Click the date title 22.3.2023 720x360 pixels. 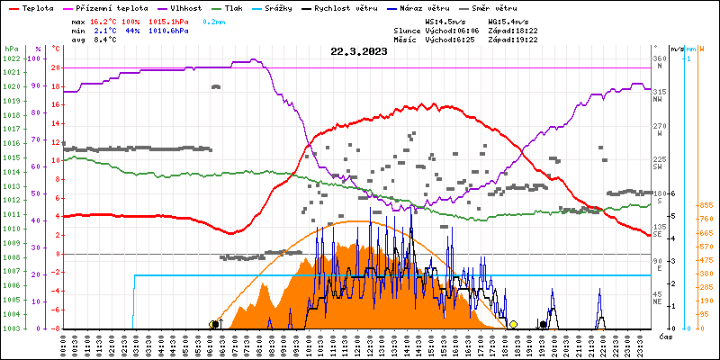tap(358, 51)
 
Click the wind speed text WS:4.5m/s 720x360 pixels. tap(445, 21)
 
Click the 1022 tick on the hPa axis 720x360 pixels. tap(11, 58)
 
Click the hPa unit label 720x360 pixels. tap(11, 48)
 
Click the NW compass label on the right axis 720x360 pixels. tap(658, 99)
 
